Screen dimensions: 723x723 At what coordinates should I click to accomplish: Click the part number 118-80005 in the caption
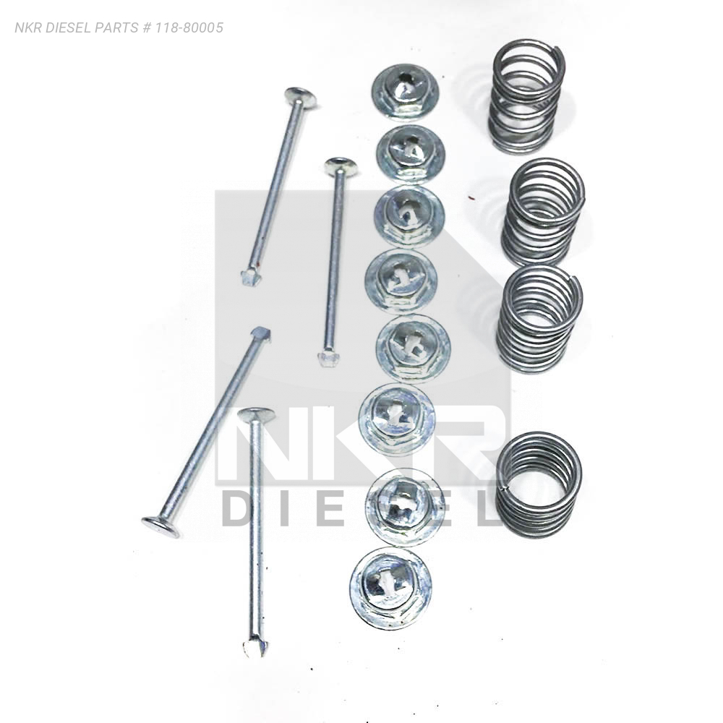point(189,27)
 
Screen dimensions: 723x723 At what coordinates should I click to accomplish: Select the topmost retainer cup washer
point(406,93)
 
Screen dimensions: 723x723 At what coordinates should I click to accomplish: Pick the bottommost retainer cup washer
point(390,588)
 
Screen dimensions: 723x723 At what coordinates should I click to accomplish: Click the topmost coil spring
point(528,96)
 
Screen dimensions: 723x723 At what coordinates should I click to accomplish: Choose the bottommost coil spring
point(539,484)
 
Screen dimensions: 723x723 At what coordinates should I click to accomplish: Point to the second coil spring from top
point(543,212)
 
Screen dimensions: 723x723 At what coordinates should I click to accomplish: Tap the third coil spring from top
point(539,314)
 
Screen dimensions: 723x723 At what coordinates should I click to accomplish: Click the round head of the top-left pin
point(300,98)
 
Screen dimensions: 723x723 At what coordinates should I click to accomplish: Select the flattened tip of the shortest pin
point(327,359)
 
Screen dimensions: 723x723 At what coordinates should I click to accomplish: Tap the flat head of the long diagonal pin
point(161,527)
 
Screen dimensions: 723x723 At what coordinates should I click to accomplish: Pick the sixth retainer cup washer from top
point(396,418)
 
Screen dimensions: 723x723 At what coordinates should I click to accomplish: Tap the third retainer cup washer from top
point(409,215)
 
